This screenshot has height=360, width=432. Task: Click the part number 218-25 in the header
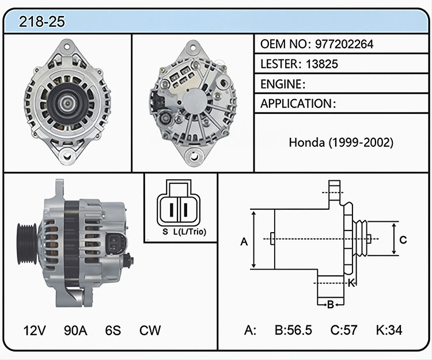[42, 21]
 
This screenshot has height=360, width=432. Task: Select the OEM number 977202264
[344, 44]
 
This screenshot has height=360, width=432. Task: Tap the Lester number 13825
[322, 64]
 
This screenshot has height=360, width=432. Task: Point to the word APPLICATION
[296, 104]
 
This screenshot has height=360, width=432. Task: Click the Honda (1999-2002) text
[341, 142]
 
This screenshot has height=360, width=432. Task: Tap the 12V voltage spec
[35, 330]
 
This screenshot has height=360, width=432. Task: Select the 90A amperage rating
[75, 330]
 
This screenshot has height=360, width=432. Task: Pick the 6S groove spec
[113, 330]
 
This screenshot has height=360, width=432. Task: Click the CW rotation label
[150, 330]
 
